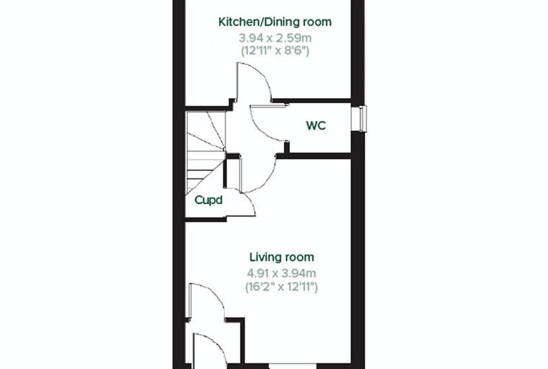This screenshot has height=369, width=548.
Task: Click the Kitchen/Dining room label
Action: tap(275, 22)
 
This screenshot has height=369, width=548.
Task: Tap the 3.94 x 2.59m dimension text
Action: tap(275, 37)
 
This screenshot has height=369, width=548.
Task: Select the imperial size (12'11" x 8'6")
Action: tap(275, 51)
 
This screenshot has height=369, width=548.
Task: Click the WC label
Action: tap(316, 125)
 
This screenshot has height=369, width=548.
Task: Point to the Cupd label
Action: tap(208, 200)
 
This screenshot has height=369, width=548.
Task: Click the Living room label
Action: tap(282, 257)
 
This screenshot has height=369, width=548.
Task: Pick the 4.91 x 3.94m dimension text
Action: tap(281, 273)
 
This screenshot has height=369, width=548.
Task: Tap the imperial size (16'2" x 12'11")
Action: tap(281, 287)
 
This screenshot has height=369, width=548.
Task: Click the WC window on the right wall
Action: tap(359, 119)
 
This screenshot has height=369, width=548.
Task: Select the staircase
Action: tap(205, 152)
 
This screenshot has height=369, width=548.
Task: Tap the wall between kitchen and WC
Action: tap(311, 101)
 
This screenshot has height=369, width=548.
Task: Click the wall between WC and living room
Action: tap(314, 156)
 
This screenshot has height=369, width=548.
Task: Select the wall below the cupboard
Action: tap(205, 219)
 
